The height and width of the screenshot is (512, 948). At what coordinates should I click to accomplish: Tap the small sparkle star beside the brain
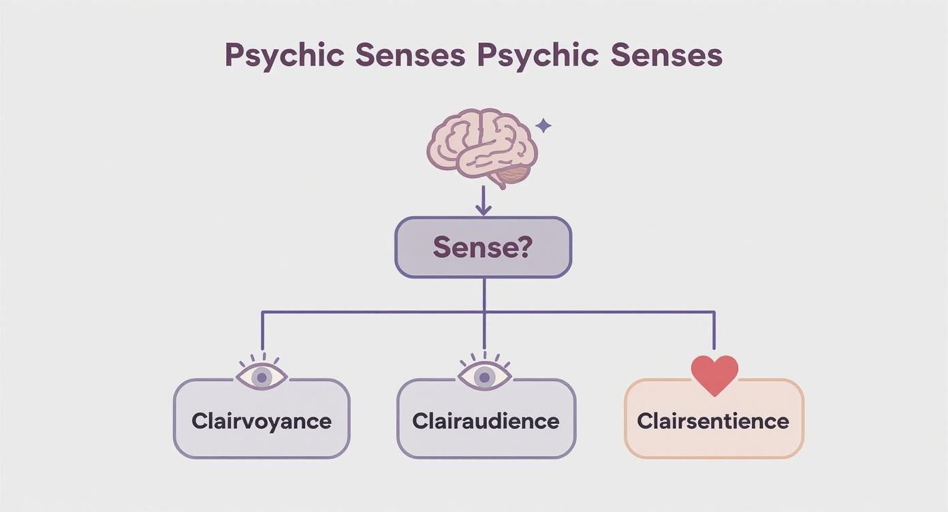pyautogui.click(x=543, y=126)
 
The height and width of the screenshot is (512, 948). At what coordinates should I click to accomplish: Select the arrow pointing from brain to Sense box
pyautogui.click(x=483, y=201)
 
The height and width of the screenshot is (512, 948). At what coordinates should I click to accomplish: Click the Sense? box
pyautogui.click(x=483, y=247)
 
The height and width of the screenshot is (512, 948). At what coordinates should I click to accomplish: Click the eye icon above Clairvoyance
pyautogui.click(x=262, y=375)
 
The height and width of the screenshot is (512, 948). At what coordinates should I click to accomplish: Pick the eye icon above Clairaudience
pyautogui.click(x=484, y=375)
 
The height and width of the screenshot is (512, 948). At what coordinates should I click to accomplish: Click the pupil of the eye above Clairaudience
pyautogui.click(x=484, y=377)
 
